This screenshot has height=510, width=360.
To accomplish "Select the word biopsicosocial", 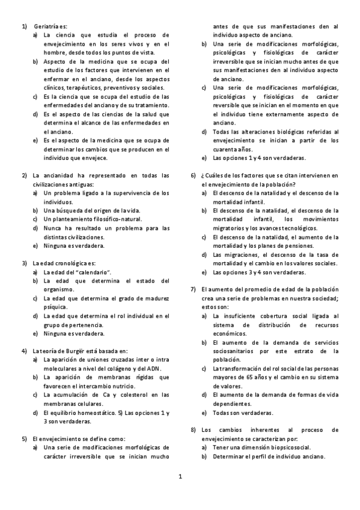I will click(286, 447).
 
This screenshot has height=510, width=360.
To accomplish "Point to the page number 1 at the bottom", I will click(180, 476).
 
